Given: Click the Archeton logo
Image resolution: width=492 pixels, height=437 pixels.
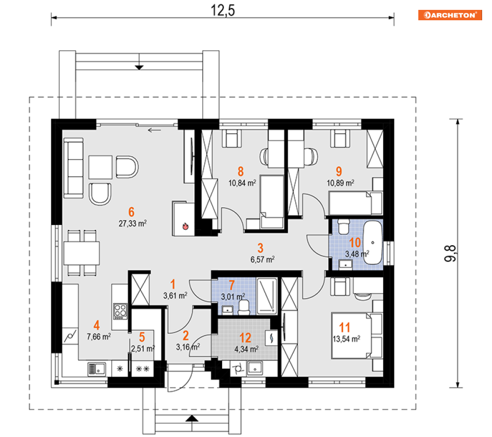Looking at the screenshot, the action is (x=450, y=15).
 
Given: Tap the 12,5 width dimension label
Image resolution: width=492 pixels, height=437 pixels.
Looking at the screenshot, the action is (x=223, y=10).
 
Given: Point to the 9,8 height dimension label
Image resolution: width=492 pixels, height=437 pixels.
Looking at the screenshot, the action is (x=450, y=253).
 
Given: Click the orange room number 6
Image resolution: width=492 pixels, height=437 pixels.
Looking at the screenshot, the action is (x=132, y=212).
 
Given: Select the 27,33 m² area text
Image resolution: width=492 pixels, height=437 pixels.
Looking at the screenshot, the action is (x=133, y=223).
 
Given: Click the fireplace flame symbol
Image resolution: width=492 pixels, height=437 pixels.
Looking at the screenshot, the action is (x=185, y=226).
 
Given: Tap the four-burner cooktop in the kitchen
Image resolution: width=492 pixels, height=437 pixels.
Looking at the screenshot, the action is (x=120, y=311).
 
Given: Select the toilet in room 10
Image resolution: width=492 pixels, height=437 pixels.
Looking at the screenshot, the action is (x=344, y=226).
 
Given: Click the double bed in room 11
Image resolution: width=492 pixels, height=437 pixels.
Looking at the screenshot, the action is (x=357, y=335).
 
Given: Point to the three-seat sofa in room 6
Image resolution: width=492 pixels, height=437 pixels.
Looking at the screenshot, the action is (x=73, y=168).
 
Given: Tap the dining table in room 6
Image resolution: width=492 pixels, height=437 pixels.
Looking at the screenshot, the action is (x=82, y=253).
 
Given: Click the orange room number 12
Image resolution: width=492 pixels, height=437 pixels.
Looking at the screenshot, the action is (x=245, y=338).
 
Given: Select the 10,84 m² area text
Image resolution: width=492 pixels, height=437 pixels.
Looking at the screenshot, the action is (x=242, y=183).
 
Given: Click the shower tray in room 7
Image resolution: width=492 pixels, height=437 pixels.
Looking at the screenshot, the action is (x=267, y=296).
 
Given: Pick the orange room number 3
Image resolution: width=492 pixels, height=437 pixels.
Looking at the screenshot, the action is (x=261, y=248).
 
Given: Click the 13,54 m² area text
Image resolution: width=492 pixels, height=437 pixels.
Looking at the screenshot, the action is (x=347, y=339).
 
